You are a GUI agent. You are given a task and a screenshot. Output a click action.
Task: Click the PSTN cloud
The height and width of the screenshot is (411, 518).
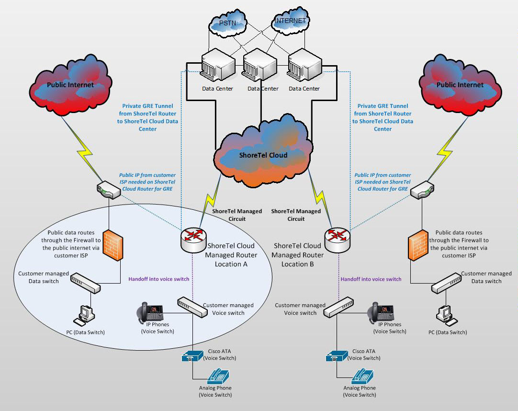(228, 23)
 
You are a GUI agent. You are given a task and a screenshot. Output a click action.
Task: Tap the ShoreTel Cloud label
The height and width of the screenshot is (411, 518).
(263, 155)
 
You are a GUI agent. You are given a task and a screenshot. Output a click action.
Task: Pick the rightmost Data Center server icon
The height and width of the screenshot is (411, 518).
(304, 65)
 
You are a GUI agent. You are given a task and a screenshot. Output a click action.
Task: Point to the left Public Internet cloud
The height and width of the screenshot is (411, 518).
(70, 85)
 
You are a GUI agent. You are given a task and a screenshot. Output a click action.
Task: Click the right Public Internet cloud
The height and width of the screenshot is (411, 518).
(459, 85)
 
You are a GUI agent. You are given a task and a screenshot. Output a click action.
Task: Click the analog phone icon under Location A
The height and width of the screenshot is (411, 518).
(216, 376)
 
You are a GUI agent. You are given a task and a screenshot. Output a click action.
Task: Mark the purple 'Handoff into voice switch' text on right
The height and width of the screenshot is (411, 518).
(371, 279)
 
